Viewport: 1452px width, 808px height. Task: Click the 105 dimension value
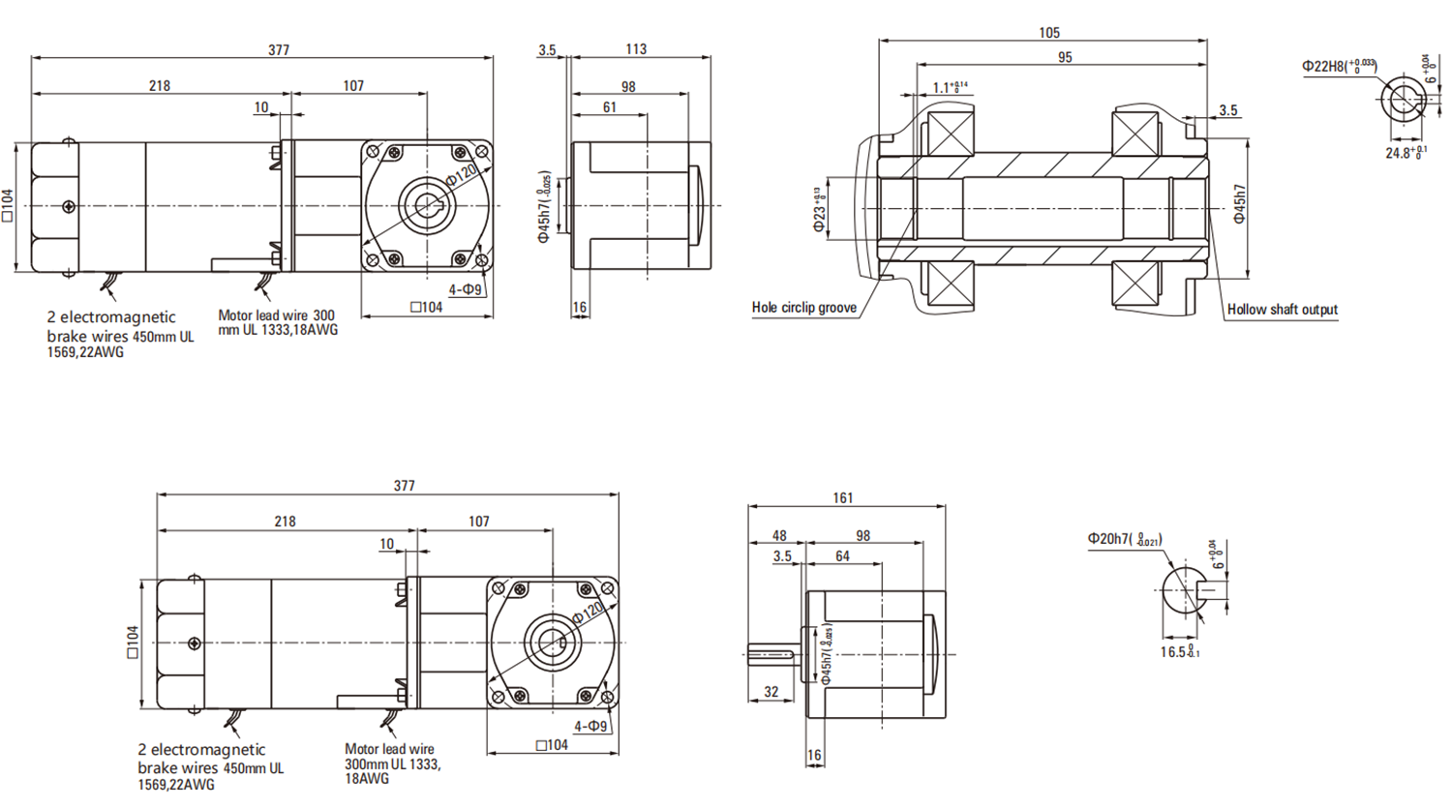tap(1048, 33)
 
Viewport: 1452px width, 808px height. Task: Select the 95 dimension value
tap(1065, 58)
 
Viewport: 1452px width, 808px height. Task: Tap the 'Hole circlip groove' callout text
tap(803, 308)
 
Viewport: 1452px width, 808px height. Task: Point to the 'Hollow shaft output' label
tap(1282, 310)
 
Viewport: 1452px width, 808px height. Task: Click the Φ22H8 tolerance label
tap(1339, 67)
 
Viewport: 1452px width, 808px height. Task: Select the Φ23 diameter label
tap(819, 210)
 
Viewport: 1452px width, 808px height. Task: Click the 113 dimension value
tap(636, 49)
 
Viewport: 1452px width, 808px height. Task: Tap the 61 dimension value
tap(609, 107)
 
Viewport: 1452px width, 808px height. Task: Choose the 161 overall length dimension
tap(843, 498)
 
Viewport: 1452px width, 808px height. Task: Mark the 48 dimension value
tap(779, 536)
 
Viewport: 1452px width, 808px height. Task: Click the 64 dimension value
tap(842, 556)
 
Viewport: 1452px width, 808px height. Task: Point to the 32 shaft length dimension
tap(771, 692)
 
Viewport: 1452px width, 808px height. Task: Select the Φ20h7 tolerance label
tap(1124, 539)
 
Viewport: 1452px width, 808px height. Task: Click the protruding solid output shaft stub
tap(771, 655)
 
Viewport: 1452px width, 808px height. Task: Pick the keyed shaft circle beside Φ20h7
tap(1182, 588)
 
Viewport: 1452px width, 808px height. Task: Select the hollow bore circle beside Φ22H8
tap(1402, 100)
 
